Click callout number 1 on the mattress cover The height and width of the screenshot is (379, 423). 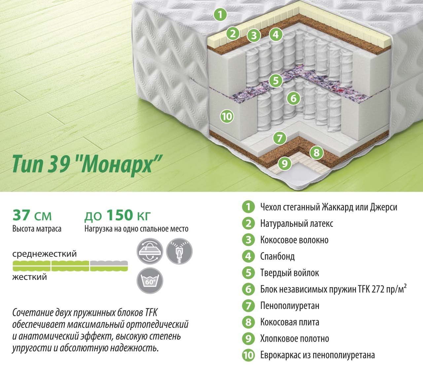point(220,15)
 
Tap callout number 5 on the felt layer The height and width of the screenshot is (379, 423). point(276,81)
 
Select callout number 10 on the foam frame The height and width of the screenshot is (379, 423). point(227,116)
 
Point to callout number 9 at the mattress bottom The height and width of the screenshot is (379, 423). point(285,163)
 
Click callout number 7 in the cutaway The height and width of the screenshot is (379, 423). point(280,138)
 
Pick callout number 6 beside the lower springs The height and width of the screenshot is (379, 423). point(293,98)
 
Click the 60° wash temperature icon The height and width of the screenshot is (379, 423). point(150,281)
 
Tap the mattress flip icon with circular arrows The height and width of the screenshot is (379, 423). point(150,251)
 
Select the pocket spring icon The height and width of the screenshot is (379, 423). point(179,251)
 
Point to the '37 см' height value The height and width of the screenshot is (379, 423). point(32,215)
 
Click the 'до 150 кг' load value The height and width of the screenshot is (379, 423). point(117,215)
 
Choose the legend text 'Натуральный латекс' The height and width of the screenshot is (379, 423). point(297,224)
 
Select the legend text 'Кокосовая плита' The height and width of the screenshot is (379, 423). point(290,322)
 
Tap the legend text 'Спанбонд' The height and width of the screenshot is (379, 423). point(277,257)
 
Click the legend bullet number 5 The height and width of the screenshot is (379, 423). point(248,273)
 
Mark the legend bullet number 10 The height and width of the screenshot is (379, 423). point(248,355)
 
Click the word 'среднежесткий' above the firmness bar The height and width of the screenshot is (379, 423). point(45,254)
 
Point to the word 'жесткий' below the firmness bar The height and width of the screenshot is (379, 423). point(30,277)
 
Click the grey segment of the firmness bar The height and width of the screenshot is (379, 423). point(109,263)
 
